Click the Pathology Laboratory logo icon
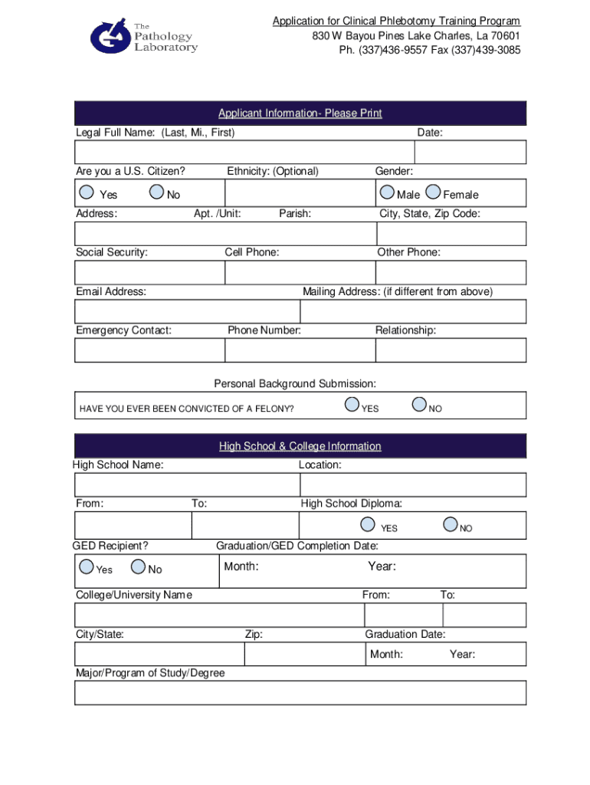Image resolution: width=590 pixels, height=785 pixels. [110, 37]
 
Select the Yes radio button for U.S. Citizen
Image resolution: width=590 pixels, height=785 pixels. [87, 192]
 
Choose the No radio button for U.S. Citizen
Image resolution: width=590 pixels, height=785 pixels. [156, 192]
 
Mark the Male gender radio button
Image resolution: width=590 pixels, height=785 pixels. [388, 192]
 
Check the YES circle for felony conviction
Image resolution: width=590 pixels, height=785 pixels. [352, 405]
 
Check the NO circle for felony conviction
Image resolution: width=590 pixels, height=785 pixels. [419, 405]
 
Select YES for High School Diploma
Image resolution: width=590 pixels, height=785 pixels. [369, 525]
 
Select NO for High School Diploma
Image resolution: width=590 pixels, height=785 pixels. [451, 525]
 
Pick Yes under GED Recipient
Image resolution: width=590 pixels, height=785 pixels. [87, 567]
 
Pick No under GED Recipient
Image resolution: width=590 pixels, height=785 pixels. [139, 567]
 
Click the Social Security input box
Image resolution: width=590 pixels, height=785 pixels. [149, 272]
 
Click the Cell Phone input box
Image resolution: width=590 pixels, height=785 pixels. [300, 272]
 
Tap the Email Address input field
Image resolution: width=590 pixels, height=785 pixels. [187, 311]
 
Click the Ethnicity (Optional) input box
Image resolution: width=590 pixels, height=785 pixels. [300, 194]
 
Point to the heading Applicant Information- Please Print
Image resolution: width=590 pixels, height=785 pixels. [300, 113]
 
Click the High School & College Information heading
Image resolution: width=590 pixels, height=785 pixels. [300, 446]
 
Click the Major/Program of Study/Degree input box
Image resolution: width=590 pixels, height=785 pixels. [300, 692]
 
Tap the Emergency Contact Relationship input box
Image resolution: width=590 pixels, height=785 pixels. [451, 350]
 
